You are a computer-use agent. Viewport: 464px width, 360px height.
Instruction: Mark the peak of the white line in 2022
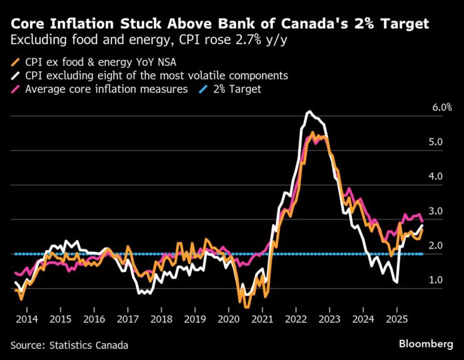[x=308, y=111]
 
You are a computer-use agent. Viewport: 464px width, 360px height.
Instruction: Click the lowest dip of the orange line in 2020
[x=247, y=307]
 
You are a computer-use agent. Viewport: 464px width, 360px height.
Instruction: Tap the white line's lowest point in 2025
[x=398, y=283]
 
